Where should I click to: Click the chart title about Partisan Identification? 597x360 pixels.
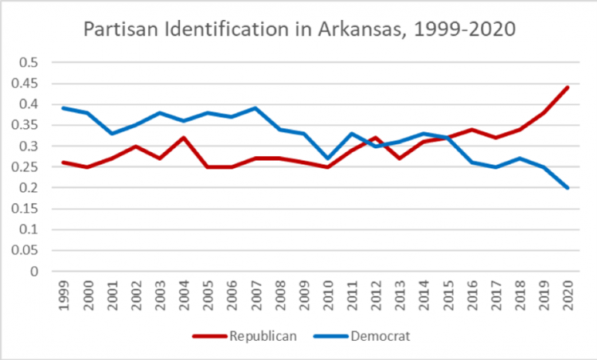pyautogui.click(x=300, y=32)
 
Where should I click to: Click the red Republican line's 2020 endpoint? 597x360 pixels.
pyautogui.click(x=568, y=88)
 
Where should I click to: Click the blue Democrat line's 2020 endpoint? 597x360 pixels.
pyautogui.click(x=568, y=188)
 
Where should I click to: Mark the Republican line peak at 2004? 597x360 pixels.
pyautogui.click(x=183, y=138)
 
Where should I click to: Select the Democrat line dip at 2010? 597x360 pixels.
pyautogui.click(x=327, y=158)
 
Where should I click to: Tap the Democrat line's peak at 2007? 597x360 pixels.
pyautogui.click(x=256, y=108)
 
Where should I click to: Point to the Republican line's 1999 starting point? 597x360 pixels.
pyautogui.click(x=63, y=162)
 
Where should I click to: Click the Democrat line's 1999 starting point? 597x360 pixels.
pyautogui.click(x=63, y=108)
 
